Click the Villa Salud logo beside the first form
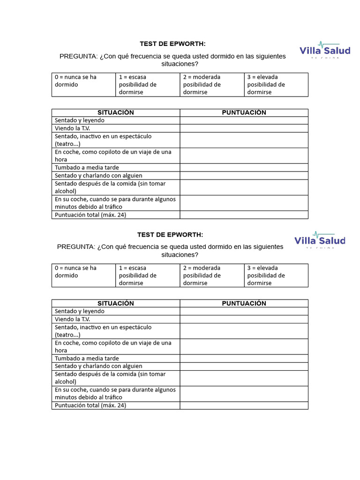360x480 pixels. pos(324,49)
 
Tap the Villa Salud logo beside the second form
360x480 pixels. pos(320,240)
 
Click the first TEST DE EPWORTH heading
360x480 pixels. pos(172,44)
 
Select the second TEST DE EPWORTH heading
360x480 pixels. pos(170,234)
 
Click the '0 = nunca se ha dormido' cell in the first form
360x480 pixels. pos(83,84)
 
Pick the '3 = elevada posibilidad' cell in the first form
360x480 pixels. pos(276,84)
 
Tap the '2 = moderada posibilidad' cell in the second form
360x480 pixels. pos(212,275)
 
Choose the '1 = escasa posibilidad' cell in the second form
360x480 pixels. pos(148,275)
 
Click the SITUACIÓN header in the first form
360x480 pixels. pos(116,112)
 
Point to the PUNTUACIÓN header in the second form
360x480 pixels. pos(244,303)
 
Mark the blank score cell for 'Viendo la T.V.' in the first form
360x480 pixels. pos(244,128)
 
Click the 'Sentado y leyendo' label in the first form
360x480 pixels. pos(80,120)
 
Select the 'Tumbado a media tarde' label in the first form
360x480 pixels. pos(87,167)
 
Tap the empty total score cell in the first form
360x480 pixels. pos(244,215)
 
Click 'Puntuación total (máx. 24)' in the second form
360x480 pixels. pos(90,405)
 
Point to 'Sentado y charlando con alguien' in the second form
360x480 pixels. pos(98,366)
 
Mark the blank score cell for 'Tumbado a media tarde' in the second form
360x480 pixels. pos(244,359)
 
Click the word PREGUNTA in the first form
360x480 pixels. pos(78,56)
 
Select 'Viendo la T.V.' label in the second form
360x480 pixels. pos(72,319)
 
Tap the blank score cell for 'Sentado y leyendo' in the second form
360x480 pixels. pos(244,311)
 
